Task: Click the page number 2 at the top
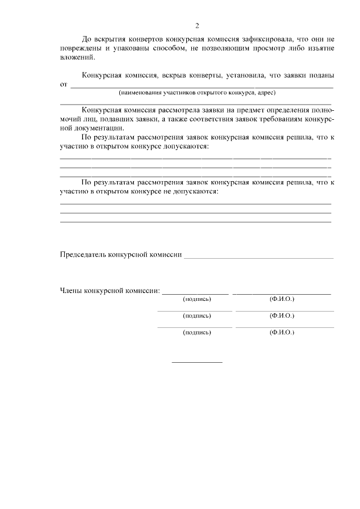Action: pyautogui.click(x=197, y=25)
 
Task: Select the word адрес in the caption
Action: pyautogui.click(x=264, y=92)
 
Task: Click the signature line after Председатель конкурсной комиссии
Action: pyautogui.click(x=258, y=257)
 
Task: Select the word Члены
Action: pyautogui.click(x=71, y=291)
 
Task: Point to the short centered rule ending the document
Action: pyautogui.click(x=197, y=362)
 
